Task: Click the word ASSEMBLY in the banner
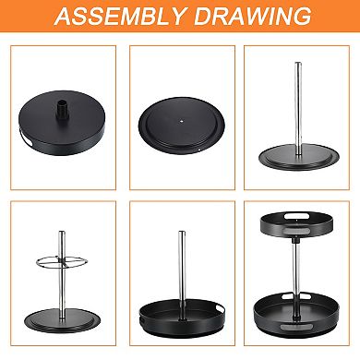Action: click(121, 16)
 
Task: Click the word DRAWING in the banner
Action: click(253, 16)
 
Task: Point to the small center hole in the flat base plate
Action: click(182, 121)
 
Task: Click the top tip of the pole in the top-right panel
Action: click(298, 63)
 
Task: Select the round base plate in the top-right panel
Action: click(298, 157)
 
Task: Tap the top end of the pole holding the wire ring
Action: click(62, 232)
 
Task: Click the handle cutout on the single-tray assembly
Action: click(221, 307)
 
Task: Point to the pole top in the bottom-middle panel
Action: click(182, 232)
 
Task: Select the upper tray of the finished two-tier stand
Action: click(296, 223)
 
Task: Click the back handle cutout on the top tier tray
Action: click(296, 216)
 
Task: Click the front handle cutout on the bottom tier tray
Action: click(295, 327)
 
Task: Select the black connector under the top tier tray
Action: click(296, 239)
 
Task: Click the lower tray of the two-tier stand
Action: click(296, 315)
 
